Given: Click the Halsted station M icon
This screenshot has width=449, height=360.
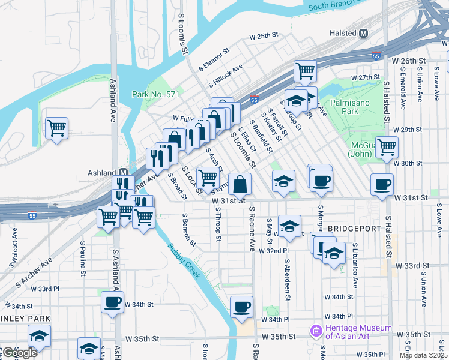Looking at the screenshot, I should point(363,34).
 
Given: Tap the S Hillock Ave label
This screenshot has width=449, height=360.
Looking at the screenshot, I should point(226,76).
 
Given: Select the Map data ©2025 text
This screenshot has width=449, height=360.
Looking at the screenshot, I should point(423,356).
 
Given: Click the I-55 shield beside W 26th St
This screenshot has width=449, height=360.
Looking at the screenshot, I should point(376,56).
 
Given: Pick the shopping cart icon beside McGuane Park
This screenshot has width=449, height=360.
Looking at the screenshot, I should point(387,146).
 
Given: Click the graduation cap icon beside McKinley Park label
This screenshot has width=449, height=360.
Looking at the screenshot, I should point(39,336).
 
